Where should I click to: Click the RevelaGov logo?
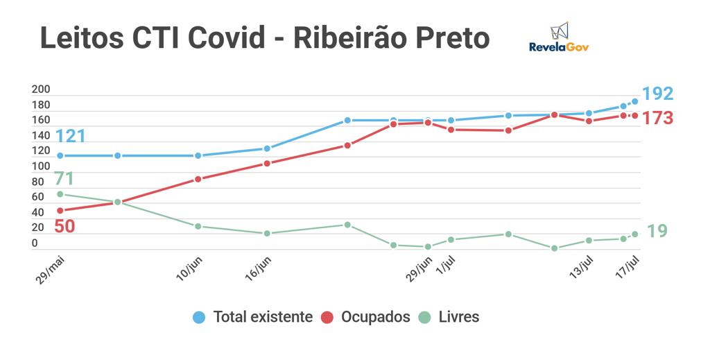(559, 37)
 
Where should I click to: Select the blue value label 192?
(657, 94)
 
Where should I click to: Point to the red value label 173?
(657, 118)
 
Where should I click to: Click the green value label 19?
(657, 232)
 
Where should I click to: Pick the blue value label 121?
(71, 137)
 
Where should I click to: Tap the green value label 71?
(64, 179)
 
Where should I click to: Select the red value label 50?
(64, 226)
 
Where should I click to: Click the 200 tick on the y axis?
(41, 89)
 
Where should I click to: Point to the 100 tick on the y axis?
(41, 166)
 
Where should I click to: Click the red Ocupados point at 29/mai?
(60, 210)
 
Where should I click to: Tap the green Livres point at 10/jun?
(198, 226)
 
